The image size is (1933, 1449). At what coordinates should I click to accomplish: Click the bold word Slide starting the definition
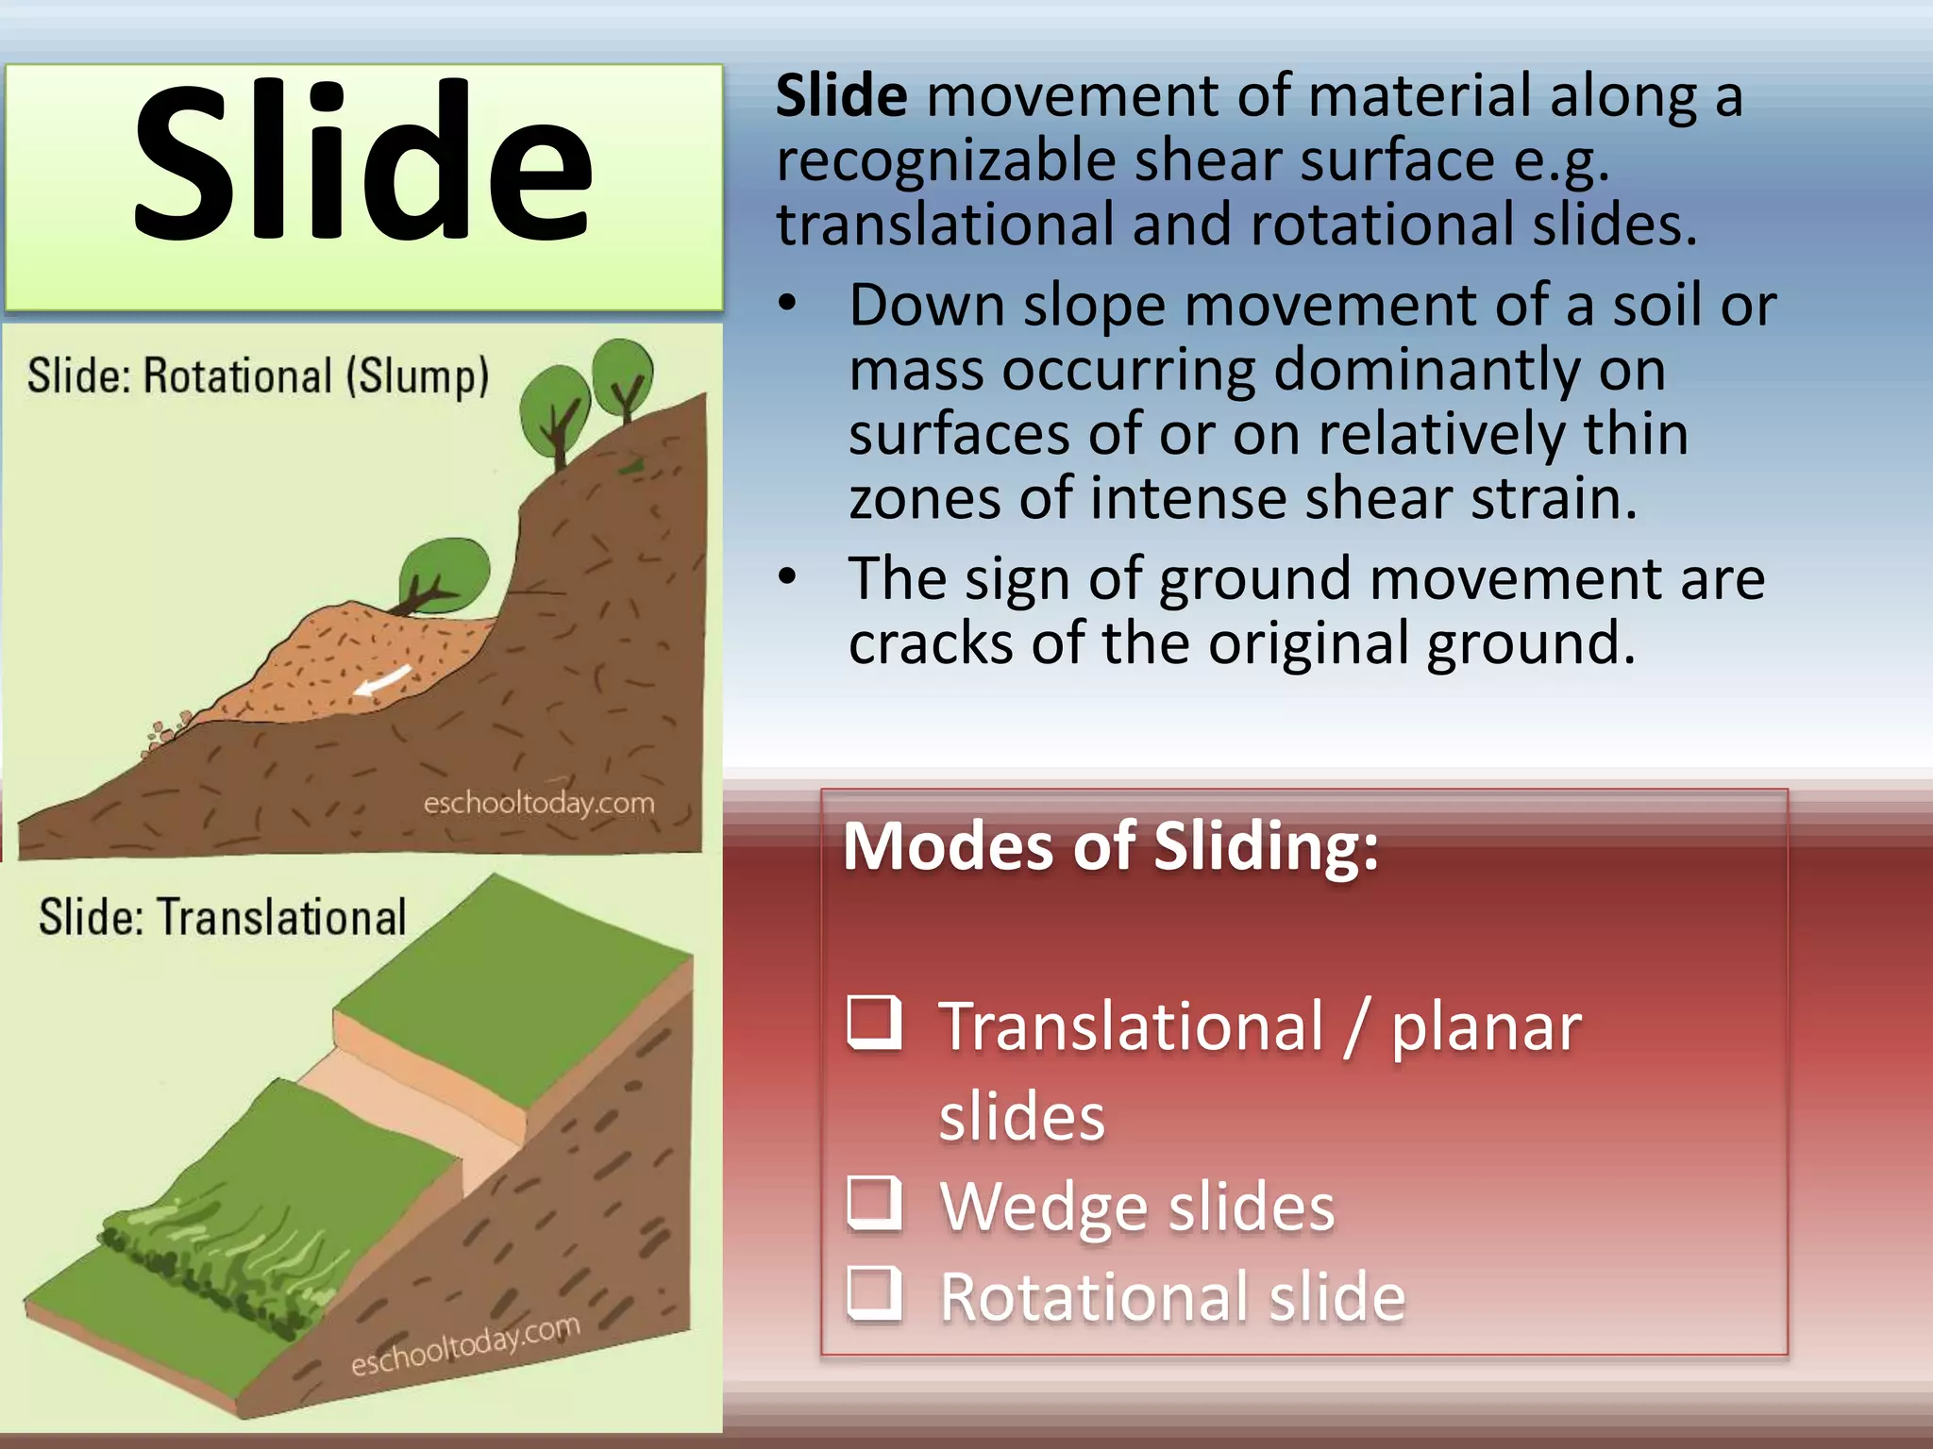(841, 96)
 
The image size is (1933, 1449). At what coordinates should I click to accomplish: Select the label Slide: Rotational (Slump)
(258, 375)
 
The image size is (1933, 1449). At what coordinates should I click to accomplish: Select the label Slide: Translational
(222, 917)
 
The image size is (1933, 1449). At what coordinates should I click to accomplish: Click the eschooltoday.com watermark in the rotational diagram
(538, 803)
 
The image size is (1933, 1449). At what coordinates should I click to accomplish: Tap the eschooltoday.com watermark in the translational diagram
(465, 1345)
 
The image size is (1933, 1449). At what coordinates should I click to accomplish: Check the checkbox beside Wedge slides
(874, 1203)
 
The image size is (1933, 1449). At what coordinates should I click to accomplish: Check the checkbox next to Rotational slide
(874, 1292)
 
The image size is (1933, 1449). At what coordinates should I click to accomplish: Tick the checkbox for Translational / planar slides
(874, 1024)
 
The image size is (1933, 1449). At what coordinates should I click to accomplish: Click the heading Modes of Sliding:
(1110, 845)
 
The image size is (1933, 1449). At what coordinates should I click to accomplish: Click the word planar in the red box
(1486, 1028)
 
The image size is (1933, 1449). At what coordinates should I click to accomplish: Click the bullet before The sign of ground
(787, 577)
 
